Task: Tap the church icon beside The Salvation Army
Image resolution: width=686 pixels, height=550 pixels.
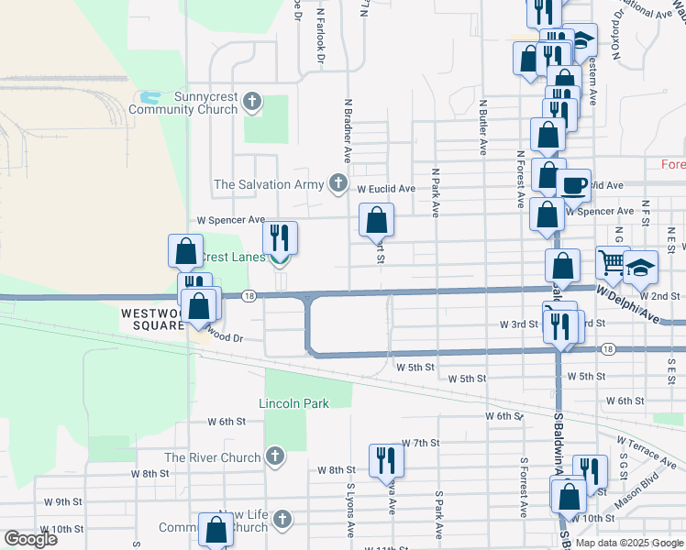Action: [338, 184]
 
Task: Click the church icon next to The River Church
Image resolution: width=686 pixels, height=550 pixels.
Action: [274, 456]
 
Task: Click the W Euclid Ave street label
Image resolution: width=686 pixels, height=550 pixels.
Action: [386, 189]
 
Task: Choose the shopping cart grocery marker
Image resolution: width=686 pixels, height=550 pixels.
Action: [612, 262]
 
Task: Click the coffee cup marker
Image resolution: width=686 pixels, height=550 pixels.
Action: [574, 184]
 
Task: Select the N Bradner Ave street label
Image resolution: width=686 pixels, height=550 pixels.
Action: [349, 125]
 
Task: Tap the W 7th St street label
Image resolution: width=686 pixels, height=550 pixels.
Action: [421, 443]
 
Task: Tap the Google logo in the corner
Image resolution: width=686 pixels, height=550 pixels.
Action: [30, 538]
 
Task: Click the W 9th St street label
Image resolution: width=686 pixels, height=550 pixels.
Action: [63, 502]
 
